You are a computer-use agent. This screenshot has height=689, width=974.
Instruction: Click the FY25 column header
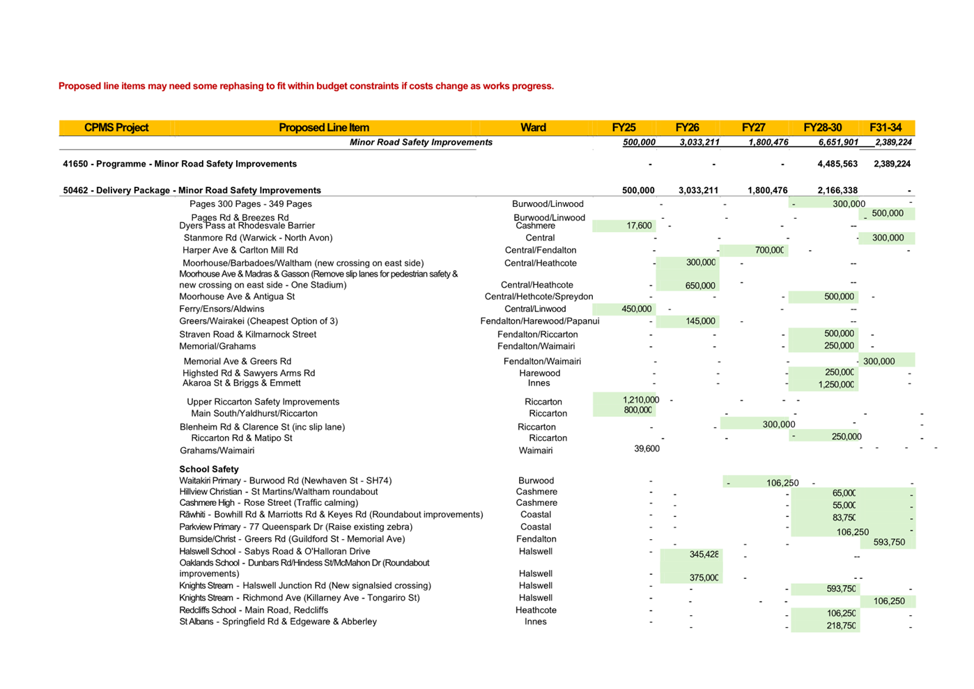click(624, 127)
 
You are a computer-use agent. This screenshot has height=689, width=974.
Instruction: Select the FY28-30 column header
click(822, 127)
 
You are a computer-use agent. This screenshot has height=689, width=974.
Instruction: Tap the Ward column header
click(533, 127)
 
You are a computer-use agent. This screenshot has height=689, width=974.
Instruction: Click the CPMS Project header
click(116, 127)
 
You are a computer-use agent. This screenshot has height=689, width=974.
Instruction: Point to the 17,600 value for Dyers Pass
click(639, 226)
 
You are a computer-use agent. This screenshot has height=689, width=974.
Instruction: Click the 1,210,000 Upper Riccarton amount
click(640, 400)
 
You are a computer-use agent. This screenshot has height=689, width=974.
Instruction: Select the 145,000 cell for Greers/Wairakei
click(700, 321)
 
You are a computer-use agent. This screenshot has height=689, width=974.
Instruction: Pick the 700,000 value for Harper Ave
click(769, 250)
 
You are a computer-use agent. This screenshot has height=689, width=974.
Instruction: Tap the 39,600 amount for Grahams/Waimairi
click(647, 449)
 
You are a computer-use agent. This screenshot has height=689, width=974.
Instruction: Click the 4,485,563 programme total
click(837, 164)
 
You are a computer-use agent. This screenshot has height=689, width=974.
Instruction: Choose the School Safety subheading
click(209, 469)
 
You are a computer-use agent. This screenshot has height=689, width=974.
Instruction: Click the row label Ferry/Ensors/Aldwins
click(222, 309)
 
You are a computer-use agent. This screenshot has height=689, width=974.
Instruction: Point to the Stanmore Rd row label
click(258, 238)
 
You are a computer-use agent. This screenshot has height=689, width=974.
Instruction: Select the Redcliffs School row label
click(254, 610)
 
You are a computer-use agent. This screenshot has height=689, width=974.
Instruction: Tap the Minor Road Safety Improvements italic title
click(421, 142)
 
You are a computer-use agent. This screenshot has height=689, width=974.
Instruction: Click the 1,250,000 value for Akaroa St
click(836, 385)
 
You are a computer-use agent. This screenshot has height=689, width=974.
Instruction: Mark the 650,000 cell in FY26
click(700, 286)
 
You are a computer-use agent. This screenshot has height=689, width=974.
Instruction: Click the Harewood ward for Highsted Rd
click(539, 373)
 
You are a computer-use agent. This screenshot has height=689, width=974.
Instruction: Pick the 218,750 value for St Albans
click(841, 626)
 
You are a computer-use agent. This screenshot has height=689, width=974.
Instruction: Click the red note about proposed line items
click(306, 86)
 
